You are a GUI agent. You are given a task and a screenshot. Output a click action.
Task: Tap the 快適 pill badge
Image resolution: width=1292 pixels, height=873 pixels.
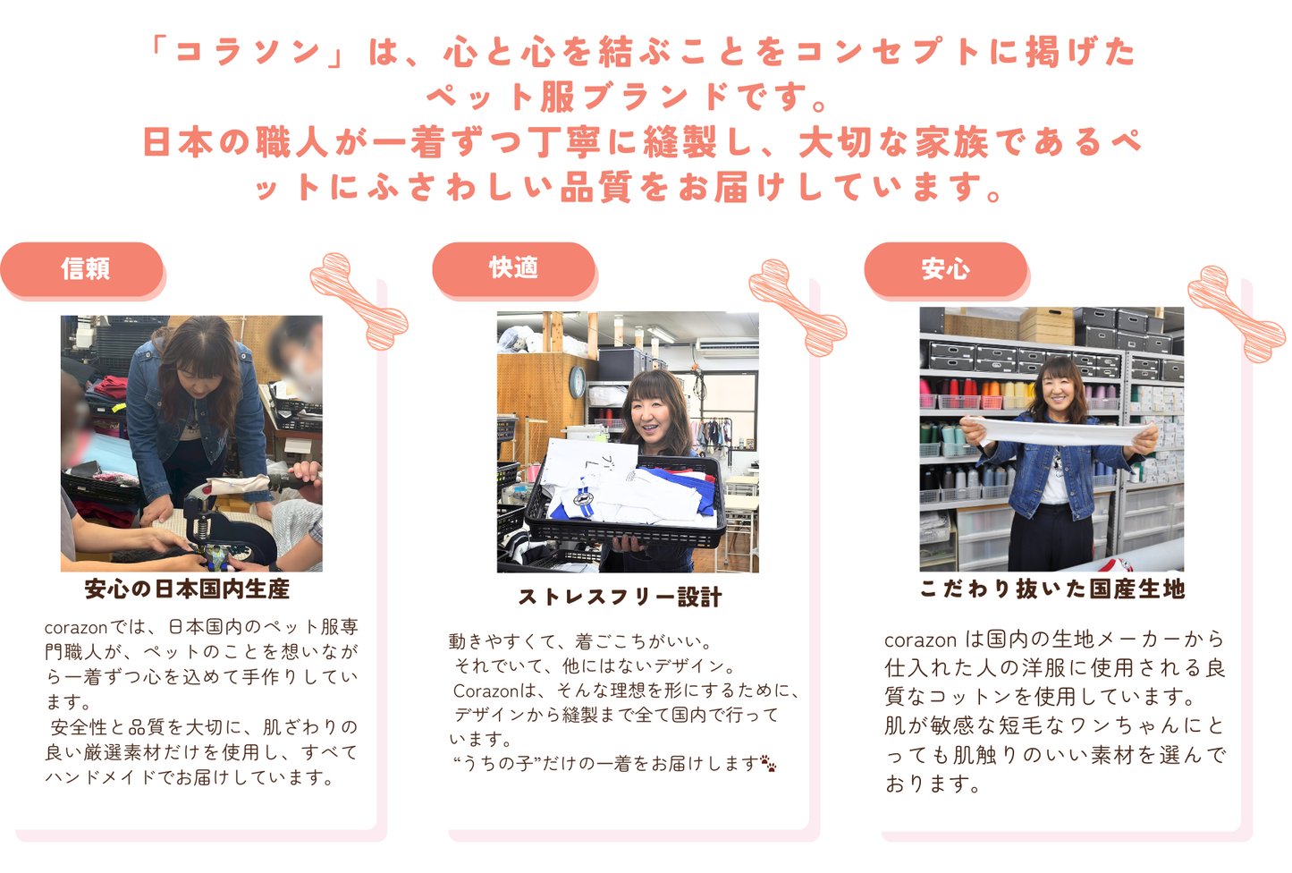click(513, 267)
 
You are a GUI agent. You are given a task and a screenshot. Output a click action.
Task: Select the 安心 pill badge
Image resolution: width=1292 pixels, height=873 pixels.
click(945, 268)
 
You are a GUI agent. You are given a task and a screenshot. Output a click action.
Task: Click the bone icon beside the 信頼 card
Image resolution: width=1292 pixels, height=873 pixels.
click(359, 301)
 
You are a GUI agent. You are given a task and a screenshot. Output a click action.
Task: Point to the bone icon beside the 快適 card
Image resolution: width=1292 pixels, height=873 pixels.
click(797, 307)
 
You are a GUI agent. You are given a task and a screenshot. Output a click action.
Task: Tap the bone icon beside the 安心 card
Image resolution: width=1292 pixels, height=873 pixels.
click(1236, 313)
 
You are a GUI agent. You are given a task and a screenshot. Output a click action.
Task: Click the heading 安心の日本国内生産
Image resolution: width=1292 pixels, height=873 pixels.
click(187, 589)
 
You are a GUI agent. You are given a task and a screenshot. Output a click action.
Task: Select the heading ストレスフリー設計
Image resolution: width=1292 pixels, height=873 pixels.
click(620, 597)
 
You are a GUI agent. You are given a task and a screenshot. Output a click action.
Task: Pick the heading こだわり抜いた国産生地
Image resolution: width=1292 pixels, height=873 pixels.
click(1052, 589)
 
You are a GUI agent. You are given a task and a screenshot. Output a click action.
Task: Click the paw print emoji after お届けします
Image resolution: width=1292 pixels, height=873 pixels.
click(768, 764)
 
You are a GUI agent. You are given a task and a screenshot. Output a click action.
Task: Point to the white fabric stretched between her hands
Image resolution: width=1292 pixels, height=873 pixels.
click(1055, 434)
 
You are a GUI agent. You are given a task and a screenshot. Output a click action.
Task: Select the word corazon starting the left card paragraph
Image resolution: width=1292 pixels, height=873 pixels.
click(75, 627)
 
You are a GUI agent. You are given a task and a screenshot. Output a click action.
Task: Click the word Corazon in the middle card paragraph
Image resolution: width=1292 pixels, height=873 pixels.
click(486, 691)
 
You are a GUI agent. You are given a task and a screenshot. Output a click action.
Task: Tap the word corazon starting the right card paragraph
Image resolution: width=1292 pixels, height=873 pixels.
click(920, 640)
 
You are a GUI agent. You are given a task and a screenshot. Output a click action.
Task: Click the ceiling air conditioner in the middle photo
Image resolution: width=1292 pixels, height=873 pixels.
click(724, 344)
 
